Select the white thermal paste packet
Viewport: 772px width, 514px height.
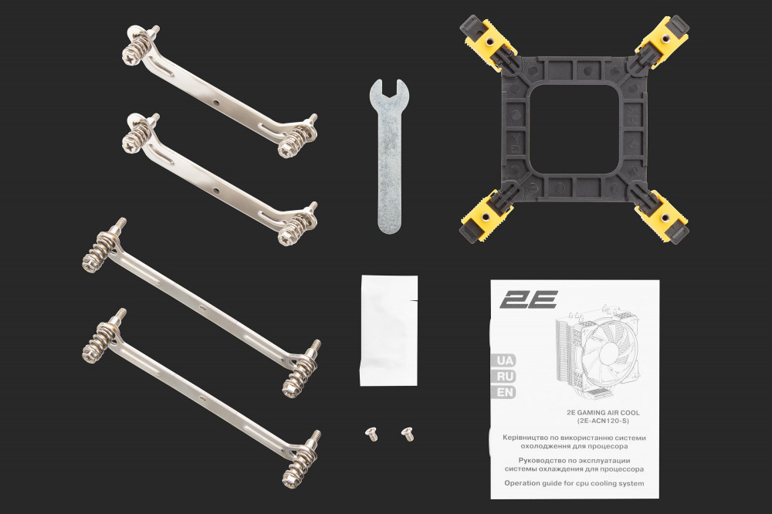(x=388, y=330)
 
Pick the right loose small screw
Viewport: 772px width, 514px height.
(x=406, y=433)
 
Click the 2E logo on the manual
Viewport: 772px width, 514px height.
(x=528, y=299)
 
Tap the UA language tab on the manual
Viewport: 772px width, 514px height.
(x=503, y=360)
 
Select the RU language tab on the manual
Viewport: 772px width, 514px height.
(x=503, y=377)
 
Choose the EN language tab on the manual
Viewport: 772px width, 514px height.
(x=503, y=392)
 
